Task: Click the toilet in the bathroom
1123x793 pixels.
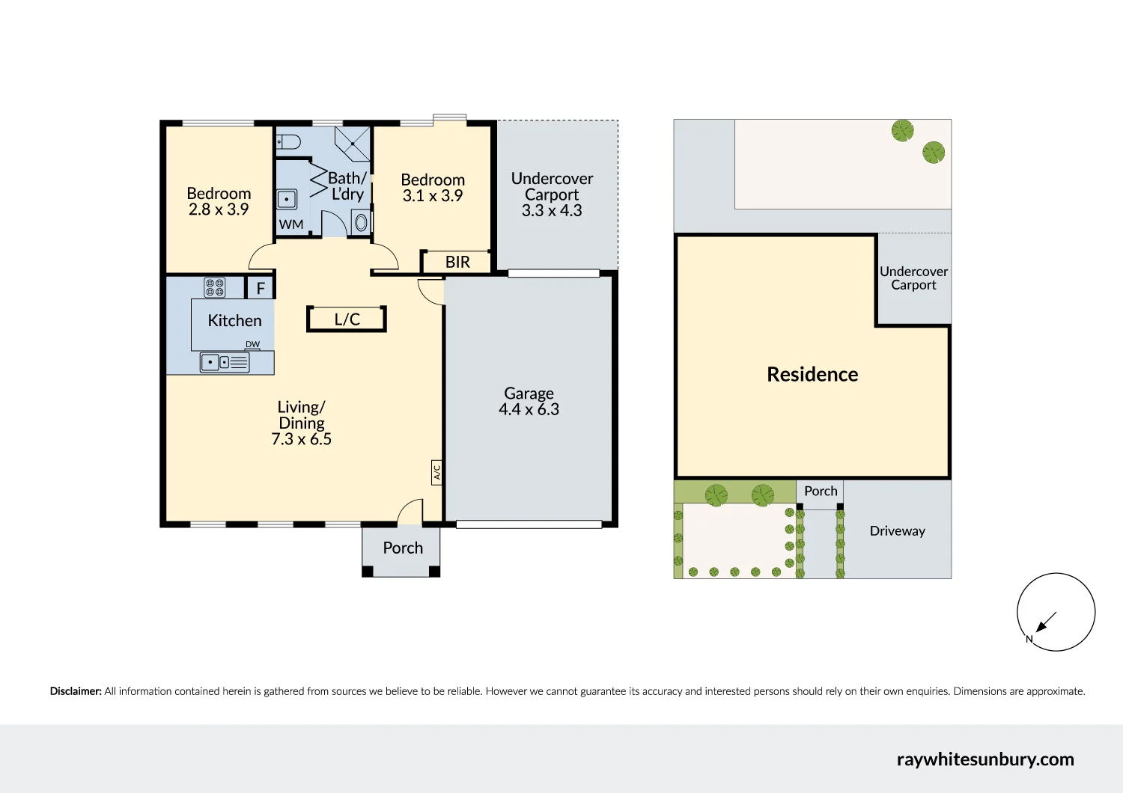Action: coord(289,141)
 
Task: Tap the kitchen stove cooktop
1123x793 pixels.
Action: coord(215,287)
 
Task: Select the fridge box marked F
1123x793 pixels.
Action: coord(261,288)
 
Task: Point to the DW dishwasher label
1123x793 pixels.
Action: coord(252,345)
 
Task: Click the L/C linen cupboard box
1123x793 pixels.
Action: coord(347,319)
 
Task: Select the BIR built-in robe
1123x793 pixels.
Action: coord(457,262)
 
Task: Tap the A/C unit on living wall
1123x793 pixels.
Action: coord(436,472)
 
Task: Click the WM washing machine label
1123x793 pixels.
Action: coord(291,224)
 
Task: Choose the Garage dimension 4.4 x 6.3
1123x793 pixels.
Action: coord(529,409)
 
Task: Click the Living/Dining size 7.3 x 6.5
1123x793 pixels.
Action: coord(301,439)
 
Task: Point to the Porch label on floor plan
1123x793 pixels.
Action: coord(403,548)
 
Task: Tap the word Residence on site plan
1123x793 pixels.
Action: coord(812,374)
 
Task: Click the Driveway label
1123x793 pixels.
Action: coord(897,530)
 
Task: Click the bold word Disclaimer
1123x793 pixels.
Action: coord(76,691)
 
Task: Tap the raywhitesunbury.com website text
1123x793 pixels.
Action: coord(985,759)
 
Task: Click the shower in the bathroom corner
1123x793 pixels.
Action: coord(352,144)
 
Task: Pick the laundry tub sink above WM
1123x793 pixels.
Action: coord(287,200)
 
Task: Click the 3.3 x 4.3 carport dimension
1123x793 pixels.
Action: coord(552,210)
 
